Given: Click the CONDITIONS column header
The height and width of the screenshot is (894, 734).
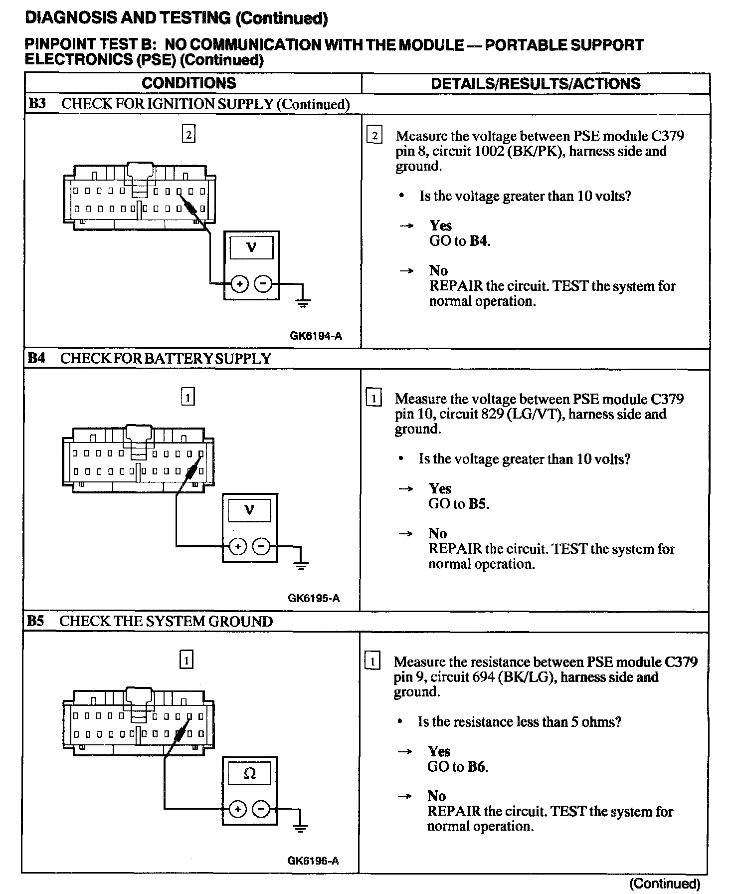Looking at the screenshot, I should [x=188, y=83].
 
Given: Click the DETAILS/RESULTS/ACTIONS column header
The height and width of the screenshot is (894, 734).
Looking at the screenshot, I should [x=536, y=83].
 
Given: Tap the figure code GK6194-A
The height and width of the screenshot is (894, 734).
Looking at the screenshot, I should [x=316, y=336].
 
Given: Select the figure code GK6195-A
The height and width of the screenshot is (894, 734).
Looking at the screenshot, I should [x=314, y=598].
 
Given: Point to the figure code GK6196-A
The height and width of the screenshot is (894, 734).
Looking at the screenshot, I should [x=313, y=861].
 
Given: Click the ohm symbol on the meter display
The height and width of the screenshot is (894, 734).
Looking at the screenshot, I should [x=250, y=774].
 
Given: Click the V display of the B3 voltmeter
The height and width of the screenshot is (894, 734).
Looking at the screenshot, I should [x=251, y=247].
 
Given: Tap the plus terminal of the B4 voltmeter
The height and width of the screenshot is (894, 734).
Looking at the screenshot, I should [x=238, y=547].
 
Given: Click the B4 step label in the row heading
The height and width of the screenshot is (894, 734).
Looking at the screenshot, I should [x=36, y=358].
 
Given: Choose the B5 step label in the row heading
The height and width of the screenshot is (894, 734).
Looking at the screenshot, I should [x=35, y=621].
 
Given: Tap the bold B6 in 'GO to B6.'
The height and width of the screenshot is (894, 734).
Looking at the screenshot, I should [x=477, y=767].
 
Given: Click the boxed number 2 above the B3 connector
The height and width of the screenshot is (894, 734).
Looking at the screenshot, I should [x=188, y=134].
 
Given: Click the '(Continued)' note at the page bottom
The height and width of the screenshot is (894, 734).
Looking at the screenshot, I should [x=665, y=884].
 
